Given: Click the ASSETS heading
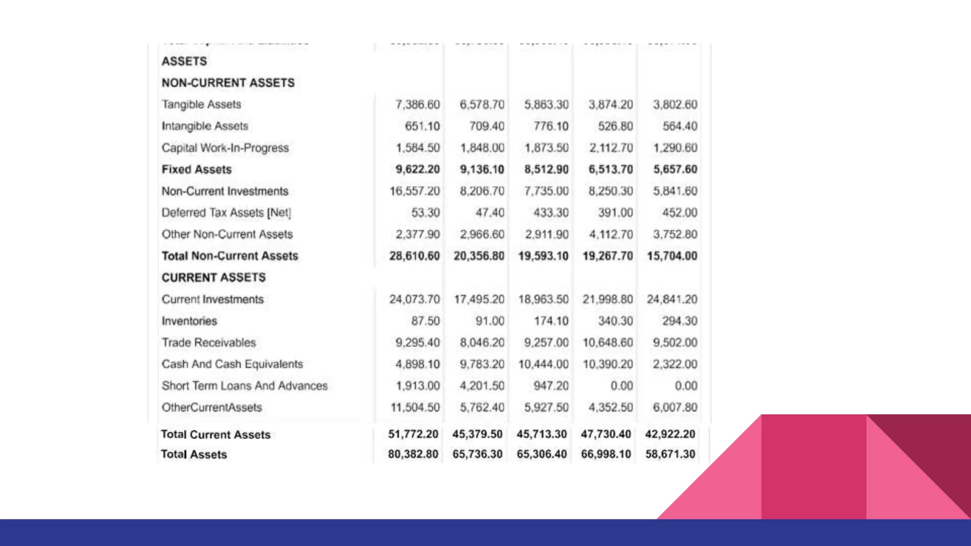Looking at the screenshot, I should [184, 61].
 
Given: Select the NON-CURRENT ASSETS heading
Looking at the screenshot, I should [228, 83].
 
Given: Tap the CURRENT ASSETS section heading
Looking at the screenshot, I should [213, 278].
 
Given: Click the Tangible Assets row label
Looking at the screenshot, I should [201, 104].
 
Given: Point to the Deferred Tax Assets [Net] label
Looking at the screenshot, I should [226, 213].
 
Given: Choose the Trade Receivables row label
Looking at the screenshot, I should [209, 343].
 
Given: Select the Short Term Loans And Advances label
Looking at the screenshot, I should [244, 386].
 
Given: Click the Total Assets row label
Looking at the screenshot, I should [193, 455].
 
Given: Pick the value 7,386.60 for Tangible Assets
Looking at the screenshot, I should [417, 104].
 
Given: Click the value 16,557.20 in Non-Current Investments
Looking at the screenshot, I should [414, 191].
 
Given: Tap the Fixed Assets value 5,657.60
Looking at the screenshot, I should [675, 170].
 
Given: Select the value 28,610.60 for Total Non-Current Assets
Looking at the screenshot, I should [414, 256].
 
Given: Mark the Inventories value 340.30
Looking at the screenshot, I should [615, 321].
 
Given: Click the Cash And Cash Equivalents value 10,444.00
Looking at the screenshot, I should [543, 364].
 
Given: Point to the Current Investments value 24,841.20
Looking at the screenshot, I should [672, 300].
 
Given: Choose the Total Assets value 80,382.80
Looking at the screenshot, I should [412, 454].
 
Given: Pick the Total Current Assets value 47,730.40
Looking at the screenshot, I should [605, 434].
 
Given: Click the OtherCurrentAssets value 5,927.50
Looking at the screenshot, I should [546, 408].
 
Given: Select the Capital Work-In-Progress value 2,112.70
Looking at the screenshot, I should [611, 148].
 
